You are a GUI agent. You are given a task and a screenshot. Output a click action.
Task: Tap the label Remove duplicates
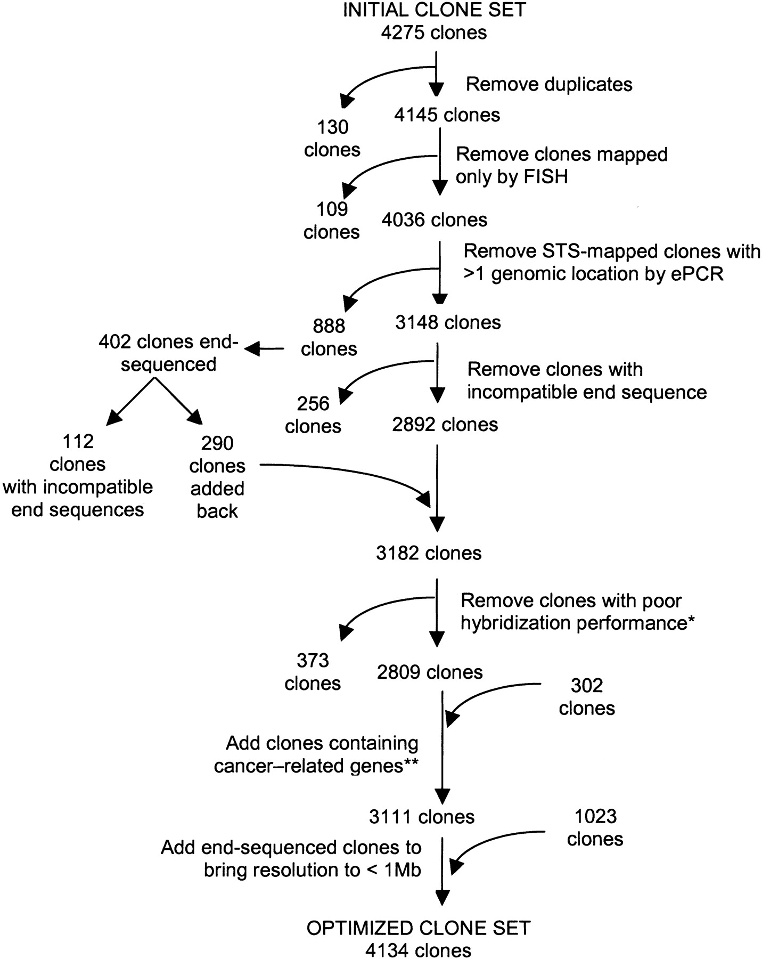click(x=549, y=84)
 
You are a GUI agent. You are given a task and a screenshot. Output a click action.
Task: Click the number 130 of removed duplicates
click(x=333, y=127)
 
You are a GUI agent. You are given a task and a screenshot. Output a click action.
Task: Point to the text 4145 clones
click(x=447, y=115)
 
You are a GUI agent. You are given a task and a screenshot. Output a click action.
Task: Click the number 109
click(x=332, y=209)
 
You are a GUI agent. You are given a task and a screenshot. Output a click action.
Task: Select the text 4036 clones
click(x=434, y=220)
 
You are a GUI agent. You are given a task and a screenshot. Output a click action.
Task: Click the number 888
click(x=330, y=326)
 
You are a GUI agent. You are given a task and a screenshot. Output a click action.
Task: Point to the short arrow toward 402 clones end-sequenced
click(x=265, y=349)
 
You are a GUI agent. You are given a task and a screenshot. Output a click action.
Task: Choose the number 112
click(x=78, y=441)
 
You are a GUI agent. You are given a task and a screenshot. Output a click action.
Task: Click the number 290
click(x=217, y=443)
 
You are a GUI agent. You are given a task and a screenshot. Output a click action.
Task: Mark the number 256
click(x=314, y=403)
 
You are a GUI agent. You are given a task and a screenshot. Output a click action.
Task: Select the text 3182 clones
click(x=429, y=553)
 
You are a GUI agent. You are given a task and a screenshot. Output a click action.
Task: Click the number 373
click(x=313, y=661)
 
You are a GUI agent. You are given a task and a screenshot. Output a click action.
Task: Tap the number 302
click(x=587, y=685)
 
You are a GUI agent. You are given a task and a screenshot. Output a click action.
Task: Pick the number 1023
click(x=595, y=816)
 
